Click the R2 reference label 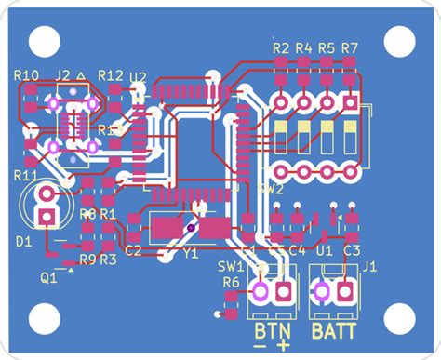(x=280, y=47)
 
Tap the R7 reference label (x=350, y=47)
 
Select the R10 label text (x=27, y=75)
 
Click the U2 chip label (x=138, y=76)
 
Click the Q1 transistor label (x=48, y=276)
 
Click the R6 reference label (x=231, y=282)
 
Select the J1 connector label (x=369, y=267)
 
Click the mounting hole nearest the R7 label (x=398, y=39)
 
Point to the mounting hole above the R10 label (x=42, y=39)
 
